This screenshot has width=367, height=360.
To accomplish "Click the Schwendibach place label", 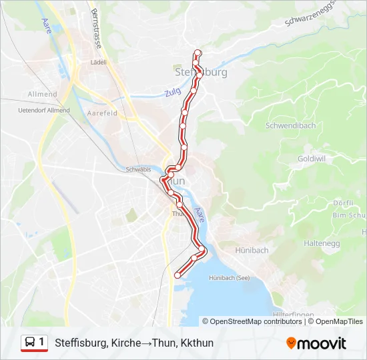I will [x=290, y=125].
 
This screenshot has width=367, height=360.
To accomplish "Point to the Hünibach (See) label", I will [x=230, y=277].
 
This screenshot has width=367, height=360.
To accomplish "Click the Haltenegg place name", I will [x=342, y=244].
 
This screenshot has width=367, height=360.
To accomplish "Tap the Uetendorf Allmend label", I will [x=44, y=110].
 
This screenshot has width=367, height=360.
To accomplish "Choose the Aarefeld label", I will [x=103, y=114].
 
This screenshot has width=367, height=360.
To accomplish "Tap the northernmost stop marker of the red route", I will [x=197, y=53].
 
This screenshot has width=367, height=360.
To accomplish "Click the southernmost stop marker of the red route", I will [x=177, y=275].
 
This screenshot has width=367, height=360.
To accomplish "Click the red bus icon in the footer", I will [x=30, y=343].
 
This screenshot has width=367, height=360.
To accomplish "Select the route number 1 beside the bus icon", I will [x=42, y=342].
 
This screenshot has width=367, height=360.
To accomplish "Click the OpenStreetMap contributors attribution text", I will [x=256, y=321].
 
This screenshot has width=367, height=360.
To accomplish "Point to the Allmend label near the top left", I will [x=42, y=94].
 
